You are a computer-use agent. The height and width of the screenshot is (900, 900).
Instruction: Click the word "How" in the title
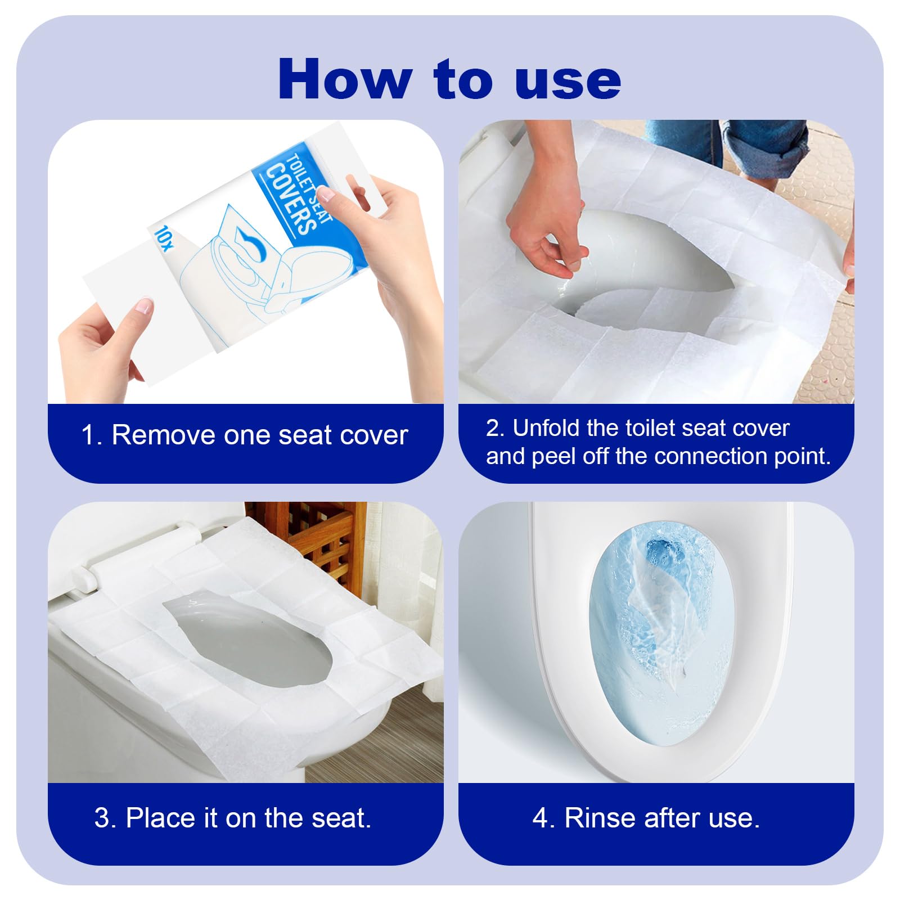pos(345,79)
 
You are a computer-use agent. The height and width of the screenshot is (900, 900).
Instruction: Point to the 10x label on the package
pos(164,238)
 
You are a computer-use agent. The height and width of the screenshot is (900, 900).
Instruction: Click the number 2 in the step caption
pos(492,429)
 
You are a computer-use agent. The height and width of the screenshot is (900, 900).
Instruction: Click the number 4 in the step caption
pos(539,818)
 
